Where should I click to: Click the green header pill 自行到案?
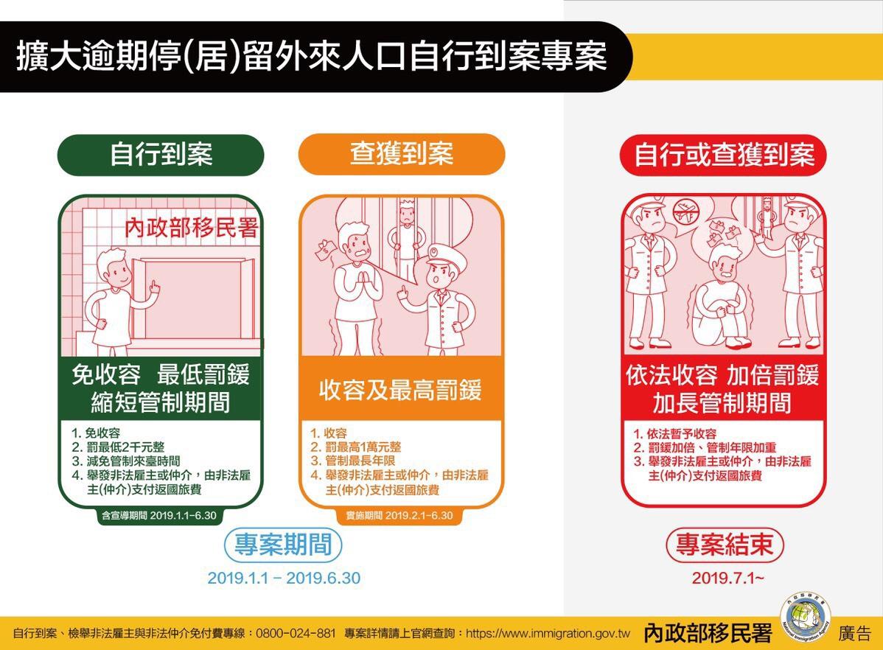click(161, 155)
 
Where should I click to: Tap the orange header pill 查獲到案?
click(402, 154)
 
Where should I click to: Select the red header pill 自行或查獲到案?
click(724, 155)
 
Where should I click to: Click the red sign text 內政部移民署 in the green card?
click(192, 228)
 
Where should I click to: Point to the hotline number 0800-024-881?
click(296, 634)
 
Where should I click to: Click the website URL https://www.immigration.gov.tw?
click(548, 634)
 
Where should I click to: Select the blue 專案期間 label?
click(283, 545)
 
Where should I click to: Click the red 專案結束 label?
click(725, 545)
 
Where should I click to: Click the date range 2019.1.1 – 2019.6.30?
click(284, 578)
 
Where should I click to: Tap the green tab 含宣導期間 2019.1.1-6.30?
click(158, 515)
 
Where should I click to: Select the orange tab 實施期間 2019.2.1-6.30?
click(399, 515)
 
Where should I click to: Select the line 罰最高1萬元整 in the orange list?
click(356, 447)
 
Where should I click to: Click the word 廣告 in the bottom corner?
click(854, 634)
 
